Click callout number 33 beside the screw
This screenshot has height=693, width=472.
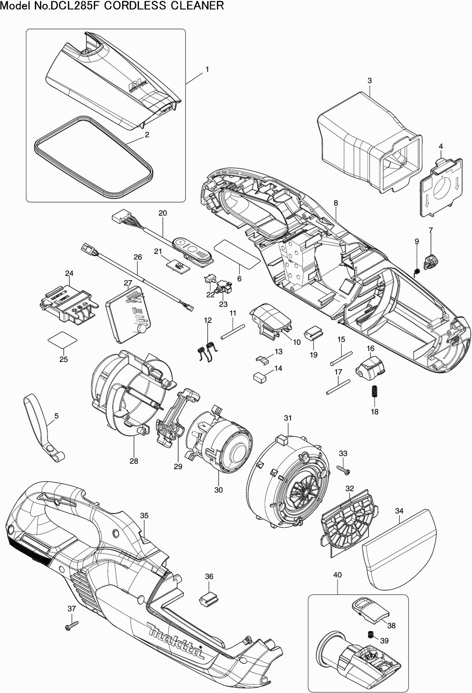343,453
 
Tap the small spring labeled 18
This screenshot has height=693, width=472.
374,392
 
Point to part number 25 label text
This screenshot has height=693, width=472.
63,359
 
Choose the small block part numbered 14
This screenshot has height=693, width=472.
259,377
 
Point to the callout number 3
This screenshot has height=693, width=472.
370,80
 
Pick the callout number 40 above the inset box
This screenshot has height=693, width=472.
337,575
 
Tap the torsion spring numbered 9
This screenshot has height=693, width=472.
416,271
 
